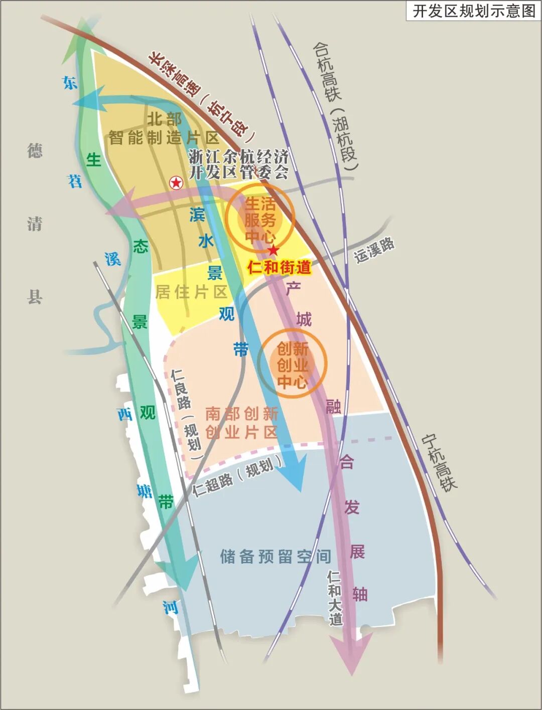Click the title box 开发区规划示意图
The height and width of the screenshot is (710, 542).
pyautogui.click(x=473, y=11)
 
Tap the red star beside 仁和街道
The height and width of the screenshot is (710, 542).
pyautogui.click(x=274, y=250)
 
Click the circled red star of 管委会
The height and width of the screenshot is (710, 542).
pyautogui.click(x=176, y=183)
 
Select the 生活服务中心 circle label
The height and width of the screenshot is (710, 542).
pyautogui.click(x=260, y=220)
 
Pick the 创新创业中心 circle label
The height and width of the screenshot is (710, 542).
pyautogui.click(x=292, y=365)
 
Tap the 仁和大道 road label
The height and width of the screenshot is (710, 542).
pyautogui.click(x=335, y=598)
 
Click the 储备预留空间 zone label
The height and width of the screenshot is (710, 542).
pyautogui.click(x=276, y=556)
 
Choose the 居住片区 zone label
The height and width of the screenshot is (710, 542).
pyautogui.click(x=192, y=292)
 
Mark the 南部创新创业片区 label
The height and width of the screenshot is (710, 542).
pyautogui.click(x=241, y=423)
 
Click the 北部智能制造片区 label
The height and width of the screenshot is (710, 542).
pyautogui.click(x=164, y=128)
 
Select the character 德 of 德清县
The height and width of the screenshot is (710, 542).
pyautogui.click(x=35, y=150)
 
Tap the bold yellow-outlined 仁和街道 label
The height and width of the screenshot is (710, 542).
pyautogui.click(x=279, y=267)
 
